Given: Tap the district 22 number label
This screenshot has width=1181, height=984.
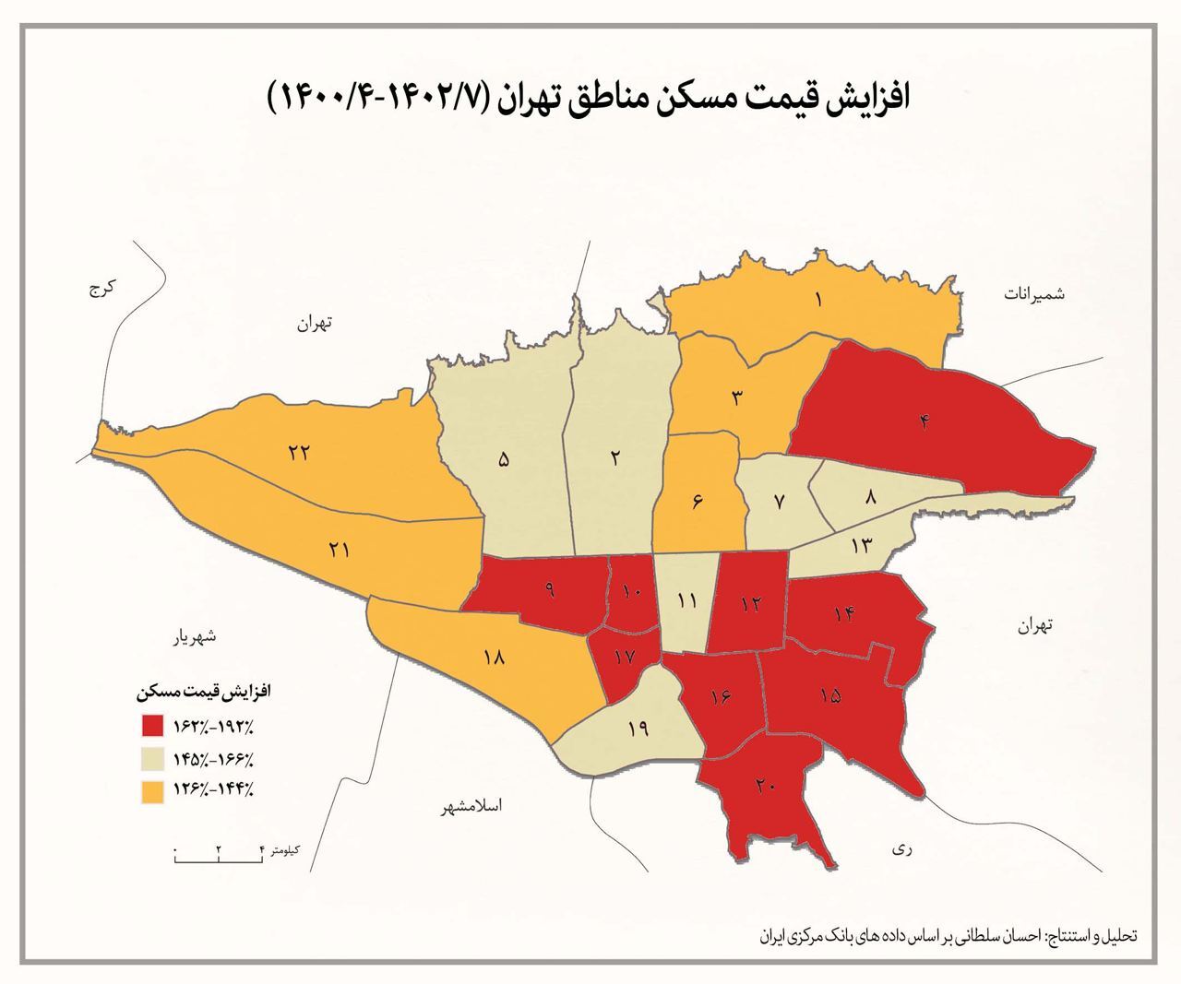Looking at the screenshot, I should pos(298,453).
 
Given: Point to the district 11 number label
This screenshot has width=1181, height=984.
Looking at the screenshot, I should pos(686,601).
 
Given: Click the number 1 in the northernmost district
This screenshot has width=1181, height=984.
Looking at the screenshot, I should pos(818,299).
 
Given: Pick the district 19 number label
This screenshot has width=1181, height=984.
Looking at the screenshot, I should pos(637,729).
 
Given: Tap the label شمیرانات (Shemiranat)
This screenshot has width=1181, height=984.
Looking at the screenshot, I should pos(1034,293).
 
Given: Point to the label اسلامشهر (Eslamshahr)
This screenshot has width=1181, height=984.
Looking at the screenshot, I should pos(471,806).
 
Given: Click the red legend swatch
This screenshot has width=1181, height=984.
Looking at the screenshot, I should pos(153,726).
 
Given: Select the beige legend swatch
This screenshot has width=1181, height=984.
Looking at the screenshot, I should pos(153,758).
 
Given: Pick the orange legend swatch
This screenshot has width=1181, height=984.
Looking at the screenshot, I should pos(153,790).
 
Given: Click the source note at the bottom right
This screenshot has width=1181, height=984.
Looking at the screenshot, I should pos(950,934).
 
